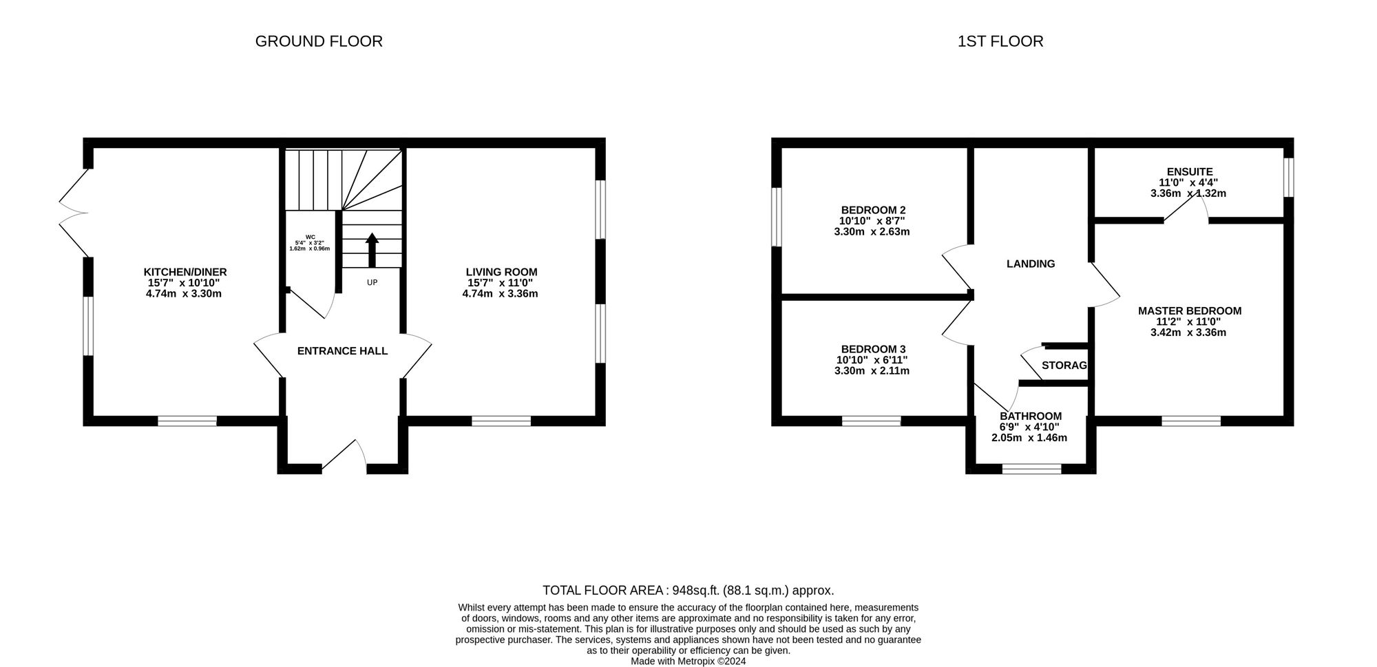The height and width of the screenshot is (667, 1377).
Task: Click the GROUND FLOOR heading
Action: coord(319,41)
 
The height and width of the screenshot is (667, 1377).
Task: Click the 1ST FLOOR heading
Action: coord(1000,41)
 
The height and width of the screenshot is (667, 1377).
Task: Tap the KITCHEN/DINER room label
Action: coord(185,272)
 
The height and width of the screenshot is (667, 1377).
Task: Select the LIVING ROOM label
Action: coord(501,272)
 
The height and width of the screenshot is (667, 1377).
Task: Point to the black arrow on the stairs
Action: coord(372,250)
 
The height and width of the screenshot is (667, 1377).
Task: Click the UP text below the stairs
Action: coord(372,282)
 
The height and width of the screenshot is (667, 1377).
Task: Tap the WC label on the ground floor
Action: coord(311,237)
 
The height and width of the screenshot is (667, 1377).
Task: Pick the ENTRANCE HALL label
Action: coord(342,351)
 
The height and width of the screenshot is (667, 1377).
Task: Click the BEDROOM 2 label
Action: coord(873,210)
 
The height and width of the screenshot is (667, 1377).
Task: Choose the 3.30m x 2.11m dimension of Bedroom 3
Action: coord(872,371)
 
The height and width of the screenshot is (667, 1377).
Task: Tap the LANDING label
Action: coord(1031,264)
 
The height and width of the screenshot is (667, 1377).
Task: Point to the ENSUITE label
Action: coord(1190,171)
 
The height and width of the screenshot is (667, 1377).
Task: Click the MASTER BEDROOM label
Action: coord(1190,310)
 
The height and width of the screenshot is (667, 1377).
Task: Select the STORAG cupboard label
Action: coord(1064,365)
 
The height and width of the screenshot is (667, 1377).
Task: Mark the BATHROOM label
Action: coord(1031,416)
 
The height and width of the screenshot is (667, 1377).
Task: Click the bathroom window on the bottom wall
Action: coord(1031,469)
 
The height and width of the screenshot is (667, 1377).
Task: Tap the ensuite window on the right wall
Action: coord(1289,177)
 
